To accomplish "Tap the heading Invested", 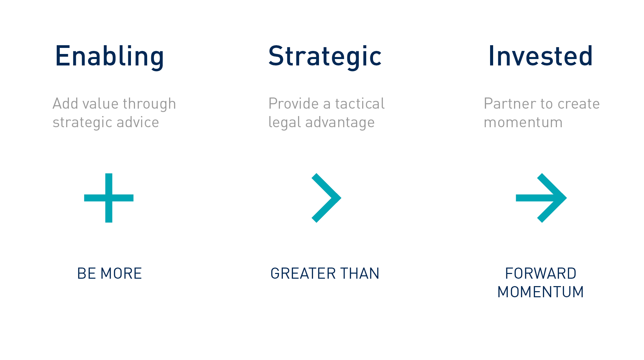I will [x=540, y=56].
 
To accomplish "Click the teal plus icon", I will [x=109, y=198].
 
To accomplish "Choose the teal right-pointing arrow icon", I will [x=541, y=198].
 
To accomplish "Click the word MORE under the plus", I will [x=121, y=273].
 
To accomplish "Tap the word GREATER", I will [x=303, y=273].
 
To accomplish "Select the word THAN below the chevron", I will [x=360, y=273].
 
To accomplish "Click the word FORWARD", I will [x=541, y=273].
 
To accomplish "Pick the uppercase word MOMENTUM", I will [x=541, y=292].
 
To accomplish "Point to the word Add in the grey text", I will [x=65, y=104].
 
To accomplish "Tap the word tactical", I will [x=360, y=104].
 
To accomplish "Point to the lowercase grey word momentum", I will [x=523, y=122].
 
